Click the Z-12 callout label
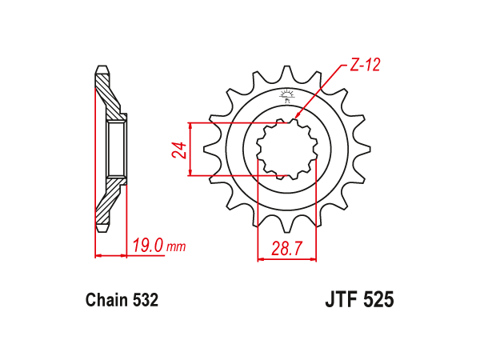(x=365, y=65)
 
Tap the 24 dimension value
(x=180, y=150)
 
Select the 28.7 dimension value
(x=287, y=248)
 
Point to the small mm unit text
(x=176, y=246)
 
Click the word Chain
(x=106, y=300)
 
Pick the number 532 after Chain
(x=145, y=300)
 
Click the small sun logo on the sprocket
(x=286, y=96)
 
